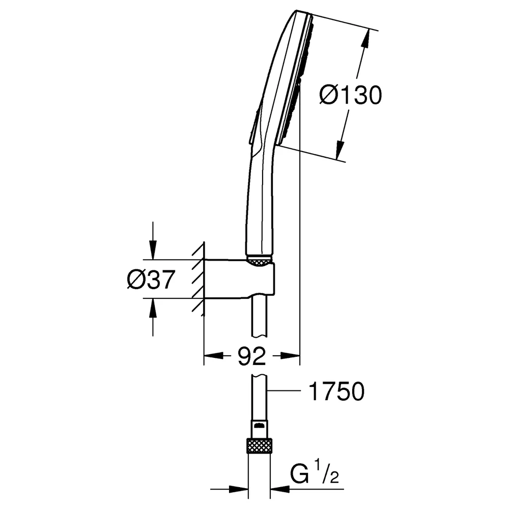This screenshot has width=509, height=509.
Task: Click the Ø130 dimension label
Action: (x=351, y=95)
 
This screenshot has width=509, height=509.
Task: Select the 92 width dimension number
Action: (x=251, y=356)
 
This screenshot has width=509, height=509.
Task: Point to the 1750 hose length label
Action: (x=336, y=391)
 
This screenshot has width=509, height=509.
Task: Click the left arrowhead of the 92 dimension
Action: (x=213, y=356)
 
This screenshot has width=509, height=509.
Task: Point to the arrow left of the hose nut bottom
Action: (x=229, y=489)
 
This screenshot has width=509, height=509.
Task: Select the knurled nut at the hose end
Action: (x=260, y=445)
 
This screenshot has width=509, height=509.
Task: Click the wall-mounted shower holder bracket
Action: (x=240, y=278)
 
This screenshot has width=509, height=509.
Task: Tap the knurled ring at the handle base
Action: (x=259, y=261)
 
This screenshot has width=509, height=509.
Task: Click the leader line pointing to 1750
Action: (x=284, y=391)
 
